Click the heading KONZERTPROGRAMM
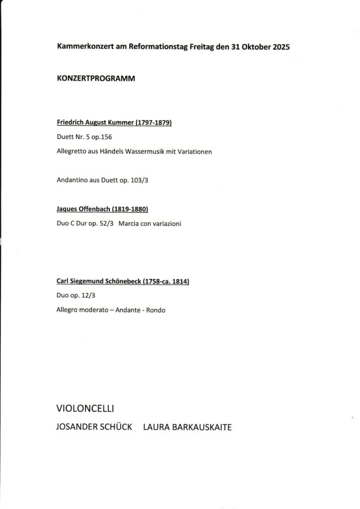click(96, 79)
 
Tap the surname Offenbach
click(95, 210)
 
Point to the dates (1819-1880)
click(131, 210)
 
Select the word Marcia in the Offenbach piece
click(130, 224)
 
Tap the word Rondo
click(155, 310)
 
